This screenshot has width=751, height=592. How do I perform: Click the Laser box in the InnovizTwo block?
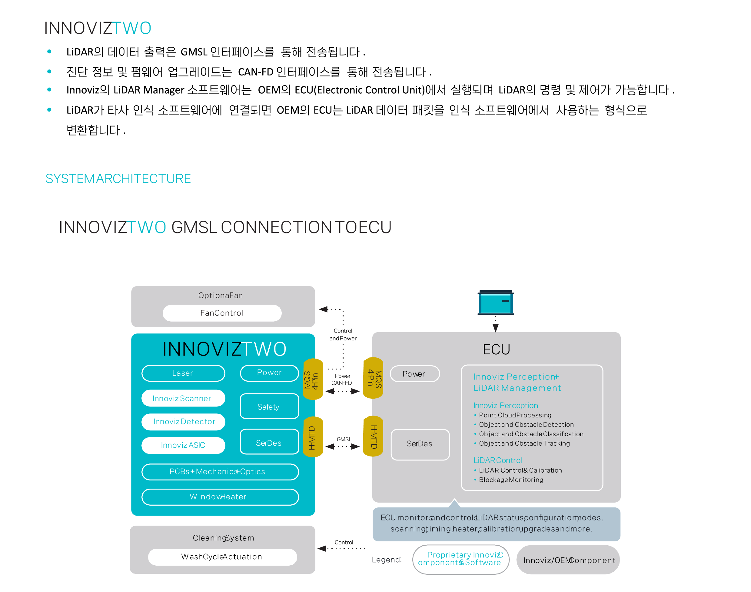[183, 373]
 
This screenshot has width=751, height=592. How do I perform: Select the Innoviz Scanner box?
[183, 398]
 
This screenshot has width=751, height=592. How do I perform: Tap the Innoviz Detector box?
[183, 421]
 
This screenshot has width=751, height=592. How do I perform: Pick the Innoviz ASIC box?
[183, 445]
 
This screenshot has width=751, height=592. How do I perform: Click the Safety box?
[269, 406]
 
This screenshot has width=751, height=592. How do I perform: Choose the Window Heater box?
[220, 497]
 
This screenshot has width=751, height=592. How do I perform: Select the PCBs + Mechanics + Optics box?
[220, 471]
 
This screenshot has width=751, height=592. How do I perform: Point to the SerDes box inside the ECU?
[420, 444]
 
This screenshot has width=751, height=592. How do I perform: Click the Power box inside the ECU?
[415, 374]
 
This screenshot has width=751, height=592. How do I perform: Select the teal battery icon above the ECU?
[495, 302]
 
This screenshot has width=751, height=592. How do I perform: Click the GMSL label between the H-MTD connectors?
[344, 439]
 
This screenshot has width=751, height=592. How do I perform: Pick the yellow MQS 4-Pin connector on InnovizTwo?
[313, 379]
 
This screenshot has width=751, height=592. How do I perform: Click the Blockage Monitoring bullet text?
[511, 480]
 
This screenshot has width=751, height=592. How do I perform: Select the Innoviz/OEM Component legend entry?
[568, 560]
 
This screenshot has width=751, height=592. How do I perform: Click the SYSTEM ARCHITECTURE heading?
[118, 179]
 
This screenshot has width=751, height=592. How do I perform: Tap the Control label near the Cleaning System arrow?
[344, 542]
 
